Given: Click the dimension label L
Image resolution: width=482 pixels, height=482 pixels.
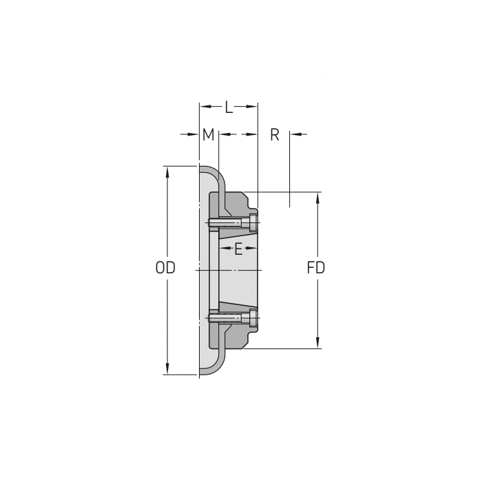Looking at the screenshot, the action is (229, 107).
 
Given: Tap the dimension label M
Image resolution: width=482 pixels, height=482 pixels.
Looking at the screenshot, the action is (208, 134).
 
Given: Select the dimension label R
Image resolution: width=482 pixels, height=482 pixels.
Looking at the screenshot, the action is (275, 134).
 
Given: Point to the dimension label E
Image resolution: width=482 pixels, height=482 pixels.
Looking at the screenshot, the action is (238, 249).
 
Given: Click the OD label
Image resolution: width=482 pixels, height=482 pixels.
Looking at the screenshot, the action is (165, 267).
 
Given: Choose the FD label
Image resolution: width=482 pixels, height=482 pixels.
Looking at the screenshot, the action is (315, 267).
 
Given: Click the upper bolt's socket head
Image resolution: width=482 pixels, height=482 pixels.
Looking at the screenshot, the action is (253, 222).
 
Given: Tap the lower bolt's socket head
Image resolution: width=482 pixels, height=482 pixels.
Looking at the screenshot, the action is (253, 317).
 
